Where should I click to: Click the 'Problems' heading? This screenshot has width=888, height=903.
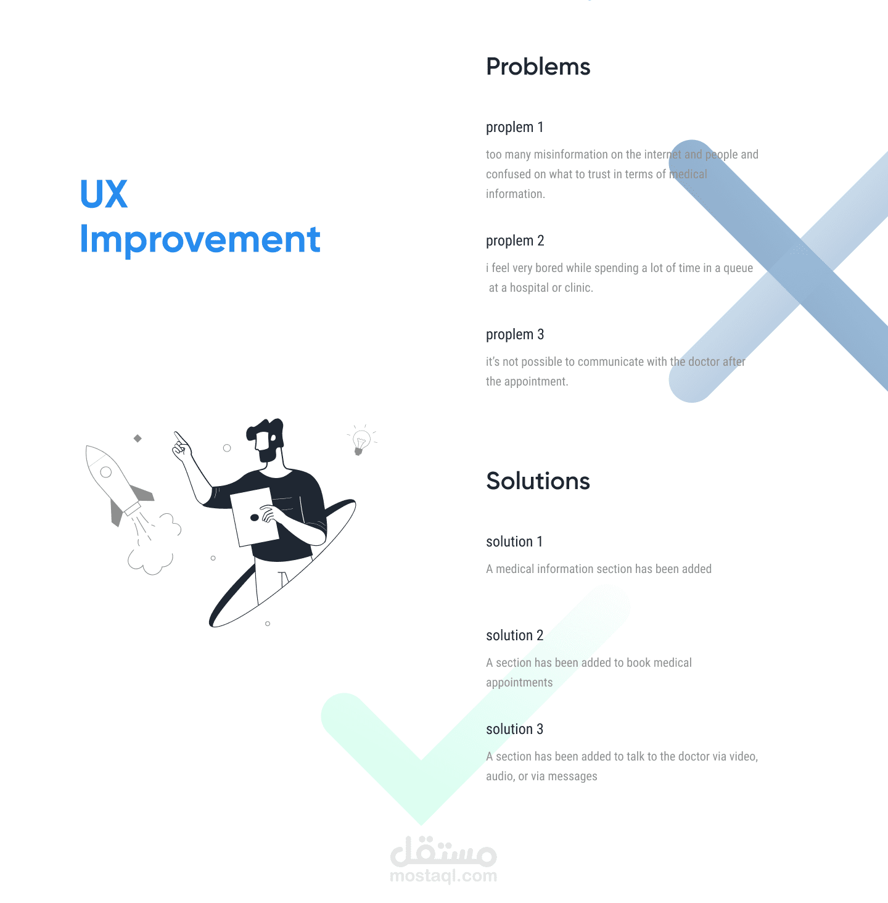click(538, 67)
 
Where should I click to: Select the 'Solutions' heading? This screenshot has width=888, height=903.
click(538, 480)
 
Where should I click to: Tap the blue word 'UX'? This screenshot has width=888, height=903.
click(104, 194)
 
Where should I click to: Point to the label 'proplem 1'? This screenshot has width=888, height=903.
click(514, 128)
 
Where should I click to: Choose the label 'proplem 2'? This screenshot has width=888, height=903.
click(515, 241)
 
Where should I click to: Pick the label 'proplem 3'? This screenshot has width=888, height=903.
click(515, 334)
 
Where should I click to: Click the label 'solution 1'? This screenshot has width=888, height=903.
click(514, 542)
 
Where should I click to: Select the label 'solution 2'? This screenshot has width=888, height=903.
click(514, 635)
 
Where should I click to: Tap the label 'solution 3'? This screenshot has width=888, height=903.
click(514, 729)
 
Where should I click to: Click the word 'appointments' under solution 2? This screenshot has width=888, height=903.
click(519, 683)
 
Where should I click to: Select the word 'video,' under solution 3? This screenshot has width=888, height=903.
click(744, 756)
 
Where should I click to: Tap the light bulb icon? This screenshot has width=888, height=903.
click(361, 440)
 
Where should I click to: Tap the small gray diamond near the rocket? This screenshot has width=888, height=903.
click(138, 439)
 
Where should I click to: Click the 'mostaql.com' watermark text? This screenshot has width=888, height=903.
click(443, 875)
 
